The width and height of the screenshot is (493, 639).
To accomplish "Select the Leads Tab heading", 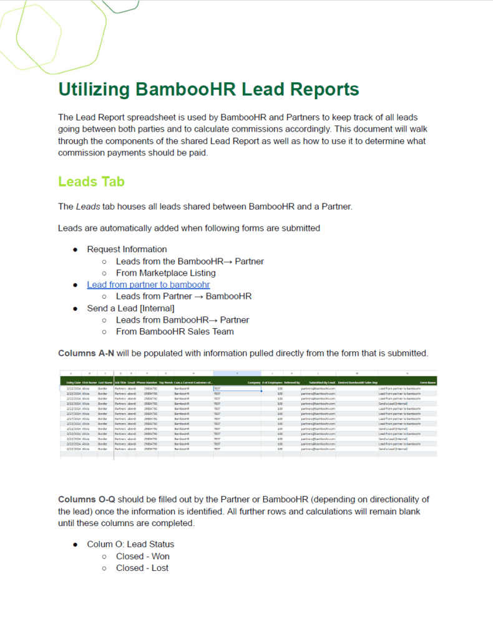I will click(x=91, y=182).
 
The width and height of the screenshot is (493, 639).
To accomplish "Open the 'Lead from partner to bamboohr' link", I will click(x=148, y=285).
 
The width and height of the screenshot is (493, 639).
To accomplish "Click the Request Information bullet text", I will click(x=127, y=249).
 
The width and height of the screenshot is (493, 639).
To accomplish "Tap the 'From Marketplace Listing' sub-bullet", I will click(x=165, y=273).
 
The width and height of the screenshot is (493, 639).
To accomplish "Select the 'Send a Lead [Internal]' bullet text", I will click(x=130, y=308).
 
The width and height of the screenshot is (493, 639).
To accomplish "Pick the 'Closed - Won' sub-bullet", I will click(x=142, y=556).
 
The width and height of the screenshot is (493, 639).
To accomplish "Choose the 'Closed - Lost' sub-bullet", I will click(x=142, y=568).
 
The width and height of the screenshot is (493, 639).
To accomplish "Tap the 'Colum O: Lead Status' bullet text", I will click(x=130, y=544).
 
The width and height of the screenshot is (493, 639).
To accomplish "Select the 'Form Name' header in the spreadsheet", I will click(x=427, y=382).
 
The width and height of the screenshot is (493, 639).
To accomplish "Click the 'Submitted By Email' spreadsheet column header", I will click(x=322, y=382).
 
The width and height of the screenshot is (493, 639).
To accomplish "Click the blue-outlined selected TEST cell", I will click(x=237, y=388).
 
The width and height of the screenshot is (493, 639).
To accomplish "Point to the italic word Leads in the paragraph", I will click(x=87, y=207).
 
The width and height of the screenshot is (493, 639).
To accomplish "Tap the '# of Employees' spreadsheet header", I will click(x=272, y=382).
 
